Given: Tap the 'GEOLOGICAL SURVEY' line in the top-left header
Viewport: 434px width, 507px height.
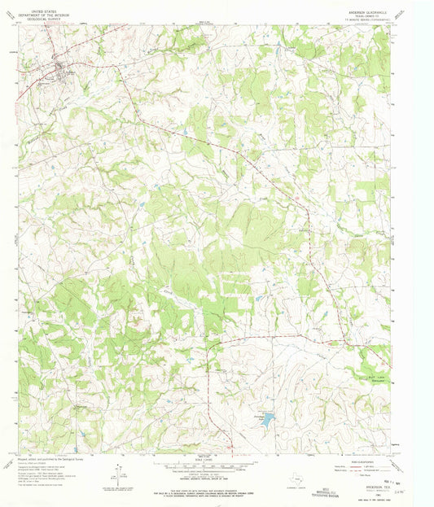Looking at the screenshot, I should pos(38,15).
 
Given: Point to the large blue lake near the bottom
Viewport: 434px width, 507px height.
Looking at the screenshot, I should pos(268,420).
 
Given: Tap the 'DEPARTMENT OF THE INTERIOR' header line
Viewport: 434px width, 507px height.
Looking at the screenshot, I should pos(38,11).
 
